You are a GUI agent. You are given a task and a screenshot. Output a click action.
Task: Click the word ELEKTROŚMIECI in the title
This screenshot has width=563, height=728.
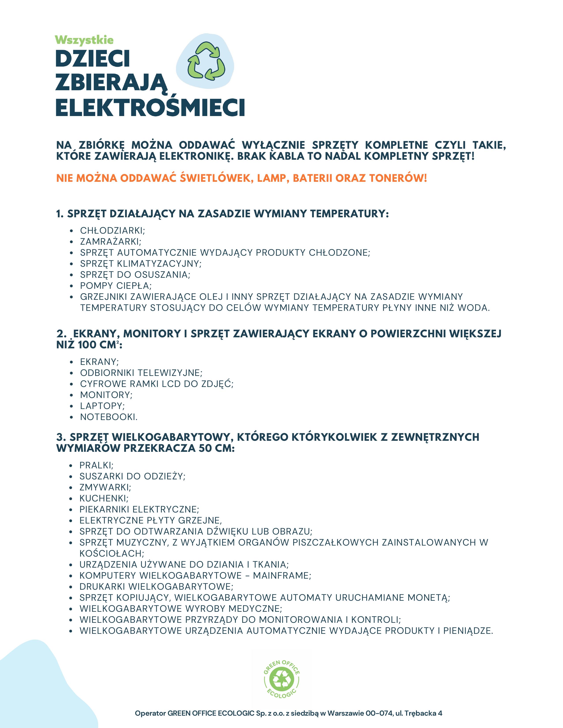[x=150, y=108]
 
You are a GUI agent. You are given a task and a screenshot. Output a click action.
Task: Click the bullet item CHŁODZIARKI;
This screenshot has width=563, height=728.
[x=112, y=231]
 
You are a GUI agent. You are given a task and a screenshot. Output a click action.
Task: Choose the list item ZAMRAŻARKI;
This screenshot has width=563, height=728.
[x=110, y=242]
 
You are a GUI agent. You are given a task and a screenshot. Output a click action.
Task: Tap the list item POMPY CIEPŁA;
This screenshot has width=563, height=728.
[x=116, y=286]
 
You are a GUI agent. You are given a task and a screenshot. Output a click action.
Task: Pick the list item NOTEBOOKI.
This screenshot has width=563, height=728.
[x=109, y=417]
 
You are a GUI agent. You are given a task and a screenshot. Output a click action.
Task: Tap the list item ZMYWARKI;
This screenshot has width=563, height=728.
[x=105, y=487]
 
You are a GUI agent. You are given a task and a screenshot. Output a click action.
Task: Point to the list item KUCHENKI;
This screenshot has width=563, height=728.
[x=104, y=498]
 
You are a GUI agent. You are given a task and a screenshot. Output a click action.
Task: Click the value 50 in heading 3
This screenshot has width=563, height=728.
[x=206, y=448]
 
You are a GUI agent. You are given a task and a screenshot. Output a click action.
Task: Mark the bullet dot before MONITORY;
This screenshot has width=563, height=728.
[x=71, y=395]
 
